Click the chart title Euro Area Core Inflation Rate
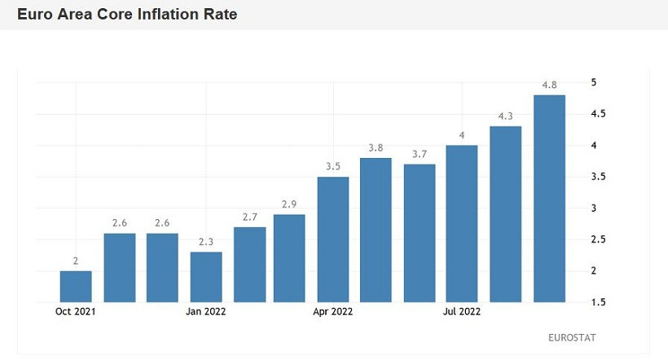(127, 15)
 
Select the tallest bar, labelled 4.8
(549, 198)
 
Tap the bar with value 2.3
(206, 277)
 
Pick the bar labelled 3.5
(332, 239)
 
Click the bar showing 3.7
(420, 233)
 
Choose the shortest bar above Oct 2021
(76, 286)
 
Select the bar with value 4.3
(505, 213)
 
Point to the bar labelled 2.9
(289, 258)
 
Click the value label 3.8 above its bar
(376, 147)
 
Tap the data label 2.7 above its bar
(249, 217)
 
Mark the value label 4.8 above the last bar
(549, 85)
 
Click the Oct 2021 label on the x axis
(76, 310)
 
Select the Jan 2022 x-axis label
(206, 310)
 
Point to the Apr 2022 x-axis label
(332, 310)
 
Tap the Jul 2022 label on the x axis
(461, 310)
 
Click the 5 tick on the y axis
(594, 82)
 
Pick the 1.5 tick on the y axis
(598, 302)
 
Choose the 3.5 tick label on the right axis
(598, 177)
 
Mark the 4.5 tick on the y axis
(598, 114)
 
